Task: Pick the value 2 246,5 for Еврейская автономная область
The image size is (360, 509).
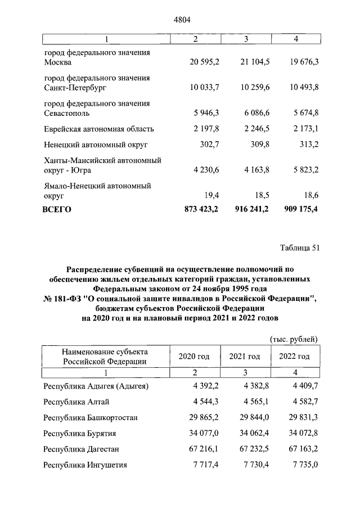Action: pos(252,129)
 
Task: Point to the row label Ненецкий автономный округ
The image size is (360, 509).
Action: pos(95,145)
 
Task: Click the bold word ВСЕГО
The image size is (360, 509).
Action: pos(57,209)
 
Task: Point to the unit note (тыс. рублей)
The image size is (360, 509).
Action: pos(294,339)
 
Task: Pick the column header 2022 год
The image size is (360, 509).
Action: pos(294,357)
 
